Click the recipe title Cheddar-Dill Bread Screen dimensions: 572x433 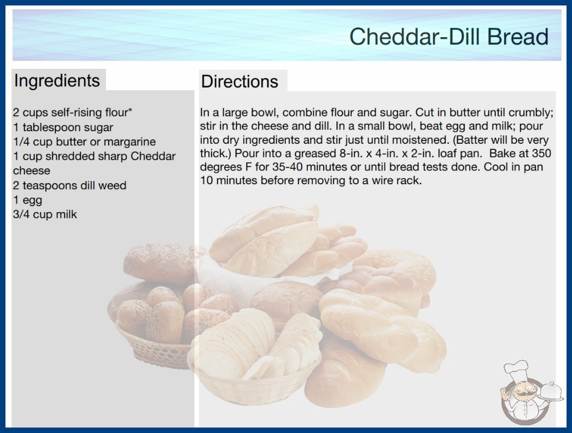tap(449, 36)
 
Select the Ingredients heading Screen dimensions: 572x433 tap(57, 81)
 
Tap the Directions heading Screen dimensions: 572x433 tap(240, 81)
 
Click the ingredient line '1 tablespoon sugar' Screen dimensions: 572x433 tap(63, 127)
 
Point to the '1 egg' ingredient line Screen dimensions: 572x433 tap(27, 200)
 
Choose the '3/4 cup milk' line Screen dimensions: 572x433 tap(45, 214)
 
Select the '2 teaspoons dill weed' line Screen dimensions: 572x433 tap(69, 185)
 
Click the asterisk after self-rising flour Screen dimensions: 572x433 tap(130, 110)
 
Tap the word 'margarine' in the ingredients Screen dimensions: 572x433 tap(130, 142)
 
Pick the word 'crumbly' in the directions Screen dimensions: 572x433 tap(530, 113)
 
